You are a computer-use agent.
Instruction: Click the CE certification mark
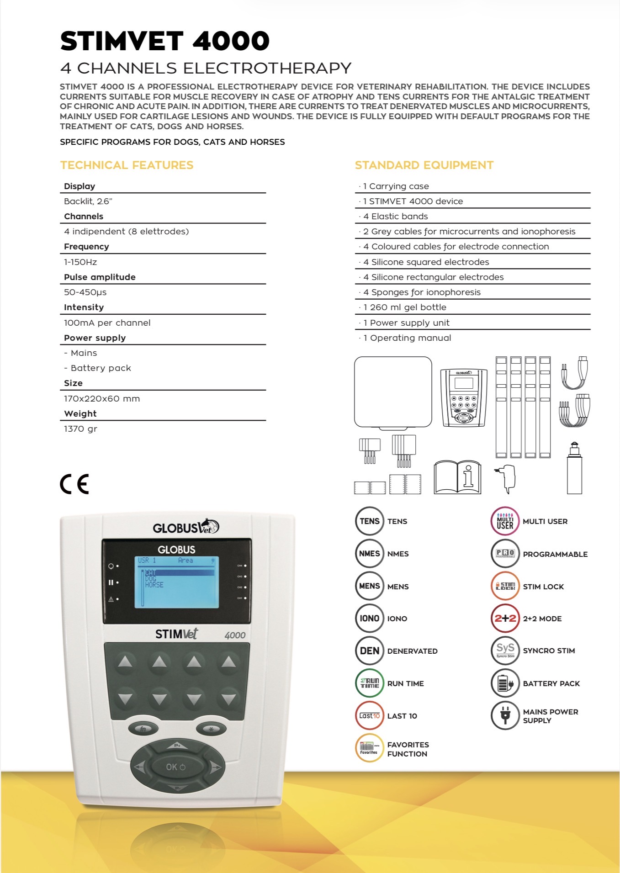(74, 484)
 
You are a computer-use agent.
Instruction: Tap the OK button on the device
(176, 767)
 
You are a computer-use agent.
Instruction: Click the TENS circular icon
(369, 521)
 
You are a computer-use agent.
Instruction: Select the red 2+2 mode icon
(505, 619)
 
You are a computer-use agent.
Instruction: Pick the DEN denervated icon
(369, 651)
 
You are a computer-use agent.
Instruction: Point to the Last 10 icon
(369, 716)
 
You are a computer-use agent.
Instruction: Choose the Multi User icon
(505, 521)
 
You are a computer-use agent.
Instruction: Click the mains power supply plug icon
(505, 716)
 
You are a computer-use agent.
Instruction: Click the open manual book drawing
(457, 477)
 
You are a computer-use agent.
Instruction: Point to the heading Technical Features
(127, 165)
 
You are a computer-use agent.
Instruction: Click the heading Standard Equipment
(424, 165)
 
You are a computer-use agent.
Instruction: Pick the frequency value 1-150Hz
(80, 262)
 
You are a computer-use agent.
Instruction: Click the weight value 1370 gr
(80, 429)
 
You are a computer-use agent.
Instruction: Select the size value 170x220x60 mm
(102, 399)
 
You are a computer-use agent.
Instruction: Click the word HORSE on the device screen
(154, 585)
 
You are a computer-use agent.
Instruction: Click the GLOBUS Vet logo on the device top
(185, 528)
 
